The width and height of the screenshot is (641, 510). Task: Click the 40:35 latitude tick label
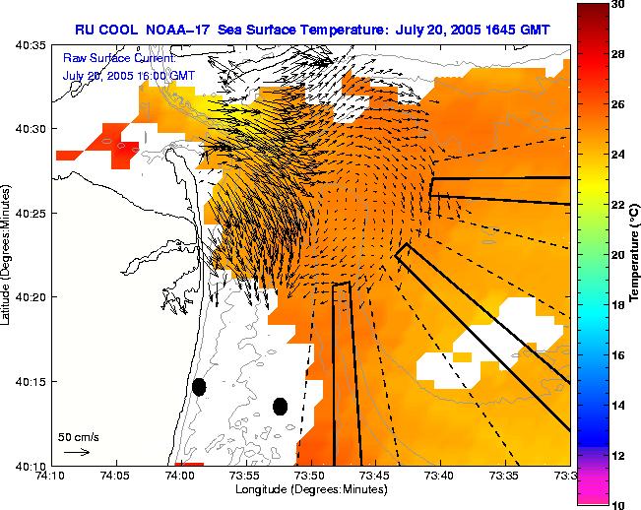point(31,45)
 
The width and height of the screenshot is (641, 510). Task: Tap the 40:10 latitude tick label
point(31,465)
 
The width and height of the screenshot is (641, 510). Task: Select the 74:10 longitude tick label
point(51,475)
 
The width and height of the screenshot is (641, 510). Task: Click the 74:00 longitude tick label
point(180,475)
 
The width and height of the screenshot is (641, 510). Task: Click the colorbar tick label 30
point(617,6)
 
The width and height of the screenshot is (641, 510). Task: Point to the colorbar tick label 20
point(617,255)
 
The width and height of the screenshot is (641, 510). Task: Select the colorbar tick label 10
point(617,504)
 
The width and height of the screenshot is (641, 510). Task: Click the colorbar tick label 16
point(617,354)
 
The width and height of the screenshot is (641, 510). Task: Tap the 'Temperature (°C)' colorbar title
point(636,255)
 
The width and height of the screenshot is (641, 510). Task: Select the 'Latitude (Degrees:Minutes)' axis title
point(8,255)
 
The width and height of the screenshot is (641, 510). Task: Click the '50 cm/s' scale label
point(75,436)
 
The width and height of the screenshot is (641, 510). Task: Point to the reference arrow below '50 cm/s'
point(76,452)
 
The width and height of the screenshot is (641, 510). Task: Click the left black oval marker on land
point(199,387)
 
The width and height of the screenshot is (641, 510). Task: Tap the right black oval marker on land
point(280,406)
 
